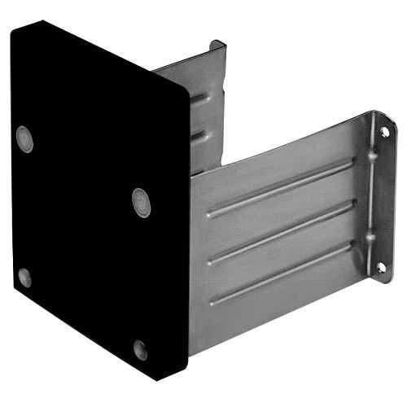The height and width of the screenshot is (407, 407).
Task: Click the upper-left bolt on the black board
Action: pos(25,138)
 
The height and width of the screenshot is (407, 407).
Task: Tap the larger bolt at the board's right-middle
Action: pos(141,202)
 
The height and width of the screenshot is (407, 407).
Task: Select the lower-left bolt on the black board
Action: pos(24,278)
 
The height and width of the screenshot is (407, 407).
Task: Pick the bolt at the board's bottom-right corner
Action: pos(140,350)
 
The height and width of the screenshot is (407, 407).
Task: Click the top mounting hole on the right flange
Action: pos(384,132)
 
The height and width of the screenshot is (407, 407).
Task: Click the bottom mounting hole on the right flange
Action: pos(381,266)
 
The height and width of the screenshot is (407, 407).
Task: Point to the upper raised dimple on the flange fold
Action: pos(370,152)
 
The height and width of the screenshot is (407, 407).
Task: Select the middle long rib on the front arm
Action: pos(281,231)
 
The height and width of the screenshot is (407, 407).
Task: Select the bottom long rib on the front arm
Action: pos(281,273)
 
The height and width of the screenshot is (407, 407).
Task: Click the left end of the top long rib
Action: pos(211,214)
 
